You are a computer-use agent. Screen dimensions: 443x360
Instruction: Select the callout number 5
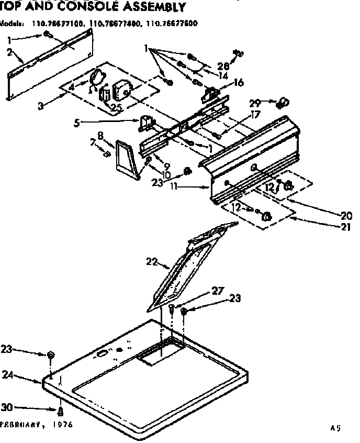(x=77, y=124)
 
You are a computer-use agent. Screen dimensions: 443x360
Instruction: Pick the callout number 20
(x=345, y=214)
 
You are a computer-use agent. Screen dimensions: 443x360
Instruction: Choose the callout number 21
(x=346, y=227)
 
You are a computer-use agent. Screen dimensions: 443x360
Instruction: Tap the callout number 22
(x=152, y=262)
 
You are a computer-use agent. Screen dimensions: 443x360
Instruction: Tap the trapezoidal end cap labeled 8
(x=127, y=158)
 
